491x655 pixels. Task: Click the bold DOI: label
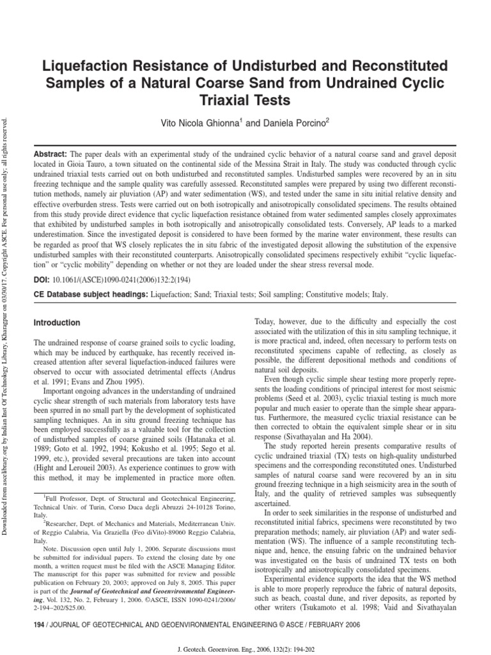coord(42,280)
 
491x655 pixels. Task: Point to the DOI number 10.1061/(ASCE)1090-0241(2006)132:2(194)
coord(122,280)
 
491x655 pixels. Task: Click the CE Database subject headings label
coord(90,295)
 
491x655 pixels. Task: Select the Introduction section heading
coord(57,323)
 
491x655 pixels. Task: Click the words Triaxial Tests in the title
coord(245,100)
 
